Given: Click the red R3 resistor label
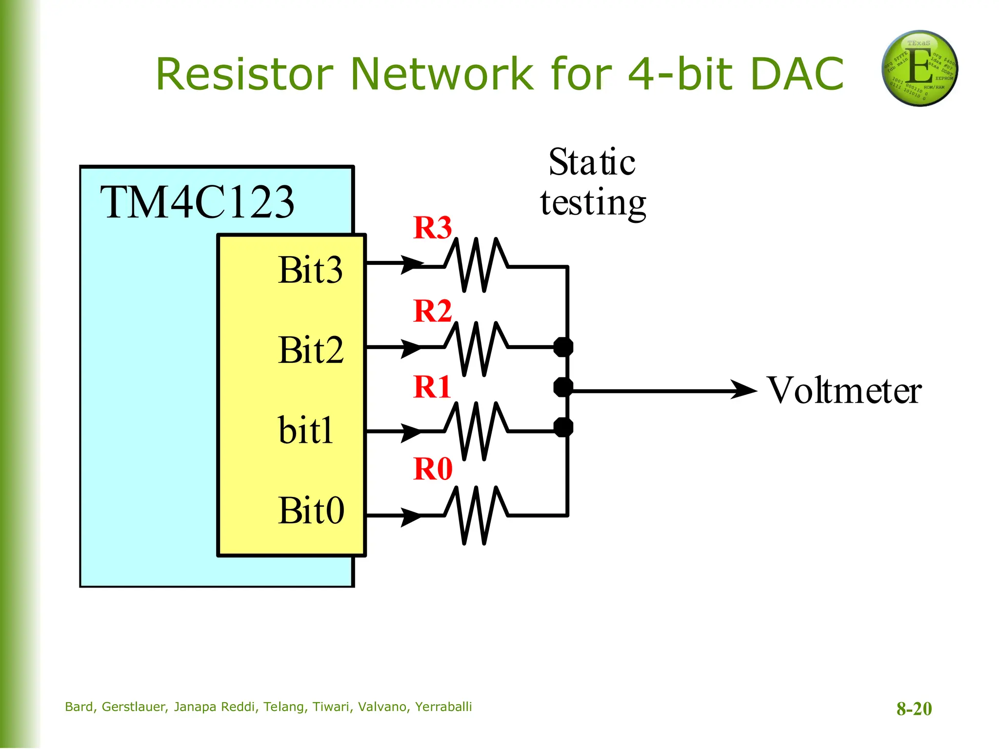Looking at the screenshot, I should tap(432, 228).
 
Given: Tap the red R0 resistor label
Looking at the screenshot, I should tap(433, 469).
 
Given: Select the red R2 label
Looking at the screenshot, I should tap(432, 311).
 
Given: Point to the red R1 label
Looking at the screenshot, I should tap(432, 387).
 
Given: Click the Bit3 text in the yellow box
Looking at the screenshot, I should tap(310, 270).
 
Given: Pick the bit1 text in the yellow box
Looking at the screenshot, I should tap(305, 431).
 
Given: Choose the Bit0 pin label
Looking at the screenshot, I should tap(311, 511).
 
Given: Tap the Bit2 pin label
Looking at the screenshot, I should tap(311, 350).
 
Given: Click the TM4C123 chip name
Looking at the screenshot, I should tap(197, 202).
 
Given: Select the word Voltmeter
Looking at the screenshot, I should tap(844, 391).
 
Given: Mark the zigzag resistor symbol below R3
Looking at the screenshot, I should tap(476, 265).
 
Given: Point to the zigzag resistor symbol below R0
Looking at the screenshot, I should tap(476, 515).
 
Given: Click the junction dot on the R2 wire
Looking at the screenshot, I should tap(563, 347).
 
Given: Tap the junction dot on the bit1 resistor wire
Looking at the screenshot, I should tap(563, 428).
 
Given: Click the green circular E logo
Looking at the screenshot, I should tap(919, 68).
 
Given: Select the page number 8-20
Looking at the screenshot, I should tap(914, 709).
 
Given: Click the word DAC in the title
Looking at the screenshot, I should tap(797, 74).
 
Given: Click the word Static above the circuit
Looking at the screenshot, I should tap(592, 162).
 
